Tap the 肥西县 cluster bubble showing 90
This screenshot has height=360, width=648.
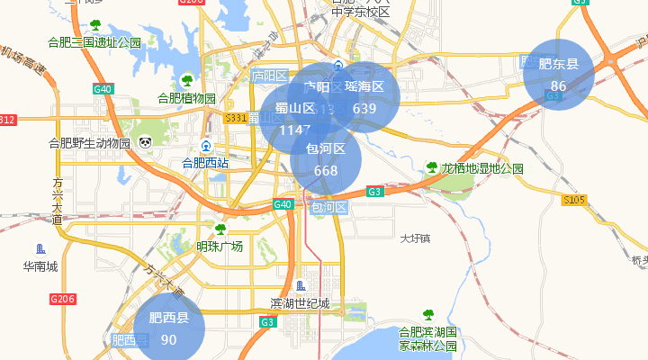169,328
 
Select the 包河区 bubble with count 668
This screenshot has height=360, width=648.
326,159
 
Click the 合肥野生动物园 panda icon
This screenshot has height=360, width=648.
145,142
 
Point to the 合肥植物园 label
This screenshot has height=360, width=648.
187,98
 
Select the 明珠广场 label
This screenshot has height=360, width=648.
220,246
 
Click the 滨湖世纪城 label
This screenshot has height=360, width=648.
301,302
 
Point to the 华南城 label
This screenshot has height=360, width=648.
40,266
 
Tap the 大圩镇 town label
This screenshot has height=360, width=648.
416,238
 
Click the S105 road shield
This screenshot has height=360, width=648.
574,200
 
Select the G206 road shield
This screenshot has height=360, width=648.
62,299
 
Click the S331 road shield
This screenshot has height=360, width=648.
236,119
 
